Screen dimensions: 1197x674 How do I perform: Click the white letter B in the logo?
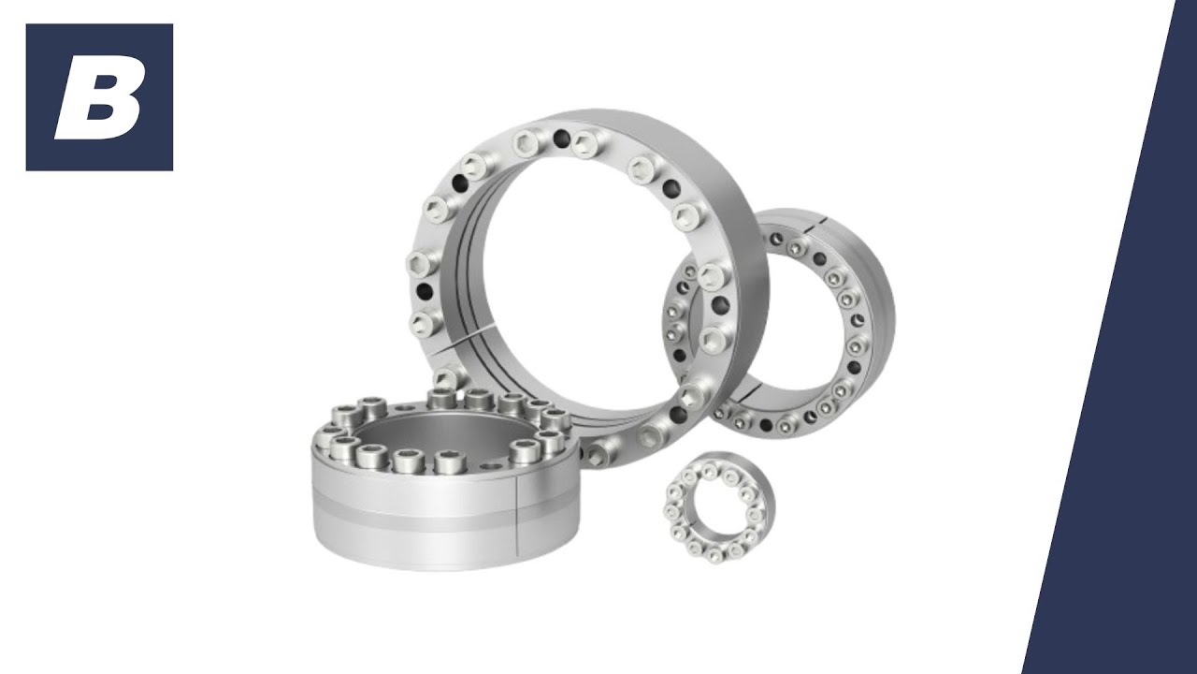tap(100, 98)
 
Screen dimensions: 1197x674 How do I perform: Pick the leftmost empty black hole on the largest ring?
tap(425, 291)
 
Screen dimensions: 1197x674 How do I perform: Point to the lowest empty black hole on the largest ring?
tap(678, 414)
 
